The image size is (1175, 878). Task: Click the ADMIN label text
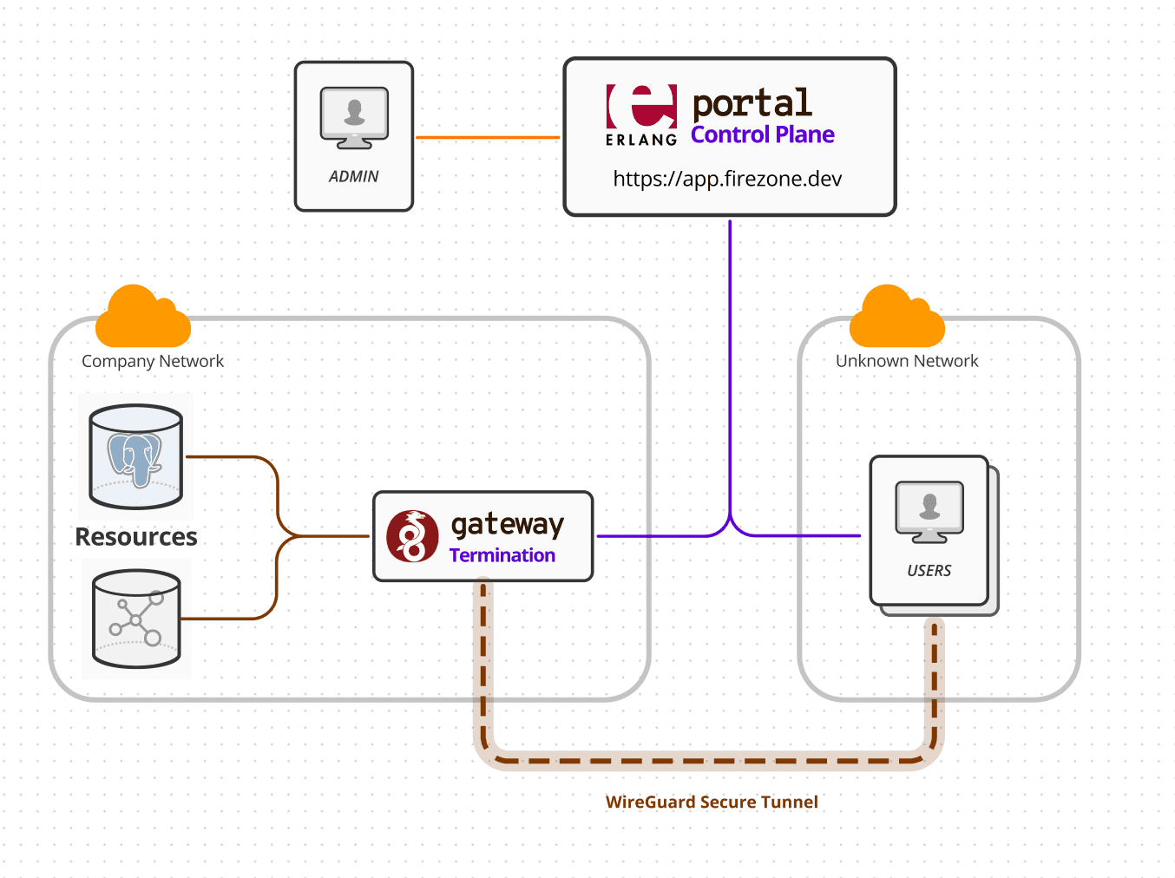click(x=353, y=176)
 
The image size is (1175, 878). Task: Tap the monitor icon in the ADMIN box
click(x=354, y=117)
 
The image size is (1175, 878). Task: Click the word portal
click(x=752, y=103)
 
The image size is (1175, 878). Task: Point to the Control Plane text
click(x=762, y=135)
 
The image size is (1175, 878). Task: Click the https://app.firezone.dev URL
click(x=727, y=179)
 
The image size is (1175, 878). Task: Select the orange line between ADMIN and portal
click(x=488, y=137)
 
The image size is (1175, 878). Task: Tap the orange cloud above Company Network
click(x=143, y=318)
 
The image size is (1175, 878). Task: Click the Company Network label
click(x=153, y=361)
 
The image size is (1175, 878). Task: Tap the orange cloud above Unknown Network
click(x=896, y=318)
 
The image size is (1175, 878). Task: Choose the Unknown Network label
click(x=907, y=361)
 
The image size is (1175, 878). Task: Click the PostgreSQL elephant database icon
click(x=135, y=456)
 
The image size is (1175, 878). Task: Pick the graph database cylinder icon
click(x=136, y=618)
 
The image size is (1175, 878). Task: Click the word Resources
click(x=136, y=537)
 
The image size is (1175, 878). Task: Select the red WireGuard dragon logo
click(x=412, y=536)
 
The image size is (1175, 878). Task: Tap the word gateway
click(x=508, y=524)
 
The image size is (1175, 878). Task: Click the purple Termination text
click(x=502, y=555)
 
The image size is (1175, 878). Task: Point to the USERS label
click(x=929, y=571)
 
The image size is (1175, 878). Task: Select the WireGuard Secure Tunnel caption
click(x=712, y=803)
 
